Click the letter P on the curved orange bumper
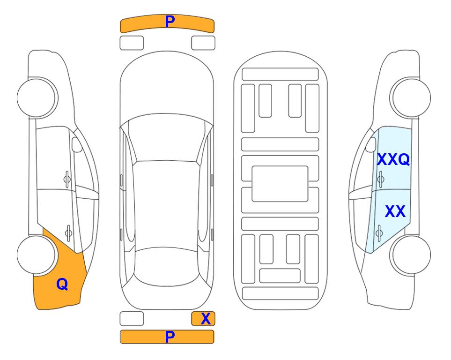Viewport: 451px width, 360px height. point(170,21)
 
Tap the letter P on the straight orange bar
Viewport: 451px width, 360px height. point(170,337)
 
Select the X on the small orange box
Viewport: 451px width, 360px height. point(206,319)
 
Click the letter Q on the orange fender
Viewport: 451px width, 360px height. point(62,284)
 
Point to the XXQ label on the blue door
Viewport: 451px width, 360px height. point(393,159)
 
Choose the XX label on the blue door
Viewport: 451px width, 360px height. point(395,211)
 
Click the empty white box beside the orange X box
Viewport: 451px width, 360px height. point(132,319)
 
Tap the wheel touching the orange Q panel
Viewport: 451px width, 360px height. point(37,255)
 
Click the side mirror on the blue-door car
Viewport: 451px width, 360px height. point(371,144)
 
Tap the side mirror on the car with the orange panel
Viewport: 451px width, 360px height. point(76,144)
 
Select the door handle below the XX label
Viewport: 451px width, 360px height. point(379,233)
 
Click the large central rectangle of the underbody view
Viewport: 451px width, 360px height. point(280,184)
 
